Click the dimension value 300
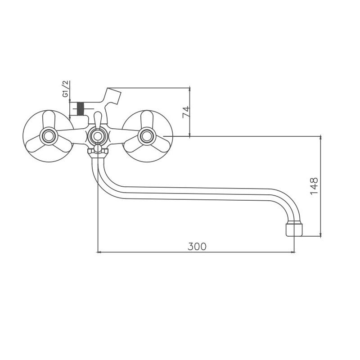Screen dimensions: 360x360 [x=197, y=246]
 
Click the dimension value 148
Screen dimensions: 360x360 [x=314, y=186]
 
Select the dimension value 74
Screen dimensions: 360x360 [x=186, y=112]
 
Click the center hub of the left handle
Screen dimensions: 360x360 [x=49, y=136]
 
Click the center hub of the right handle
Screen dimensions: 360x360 [x=147, y=136]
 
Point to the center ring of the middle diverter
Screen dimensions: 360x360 [x=98, y=136]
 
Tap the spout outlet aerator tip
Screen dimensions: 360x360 [x=294, y=229]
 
